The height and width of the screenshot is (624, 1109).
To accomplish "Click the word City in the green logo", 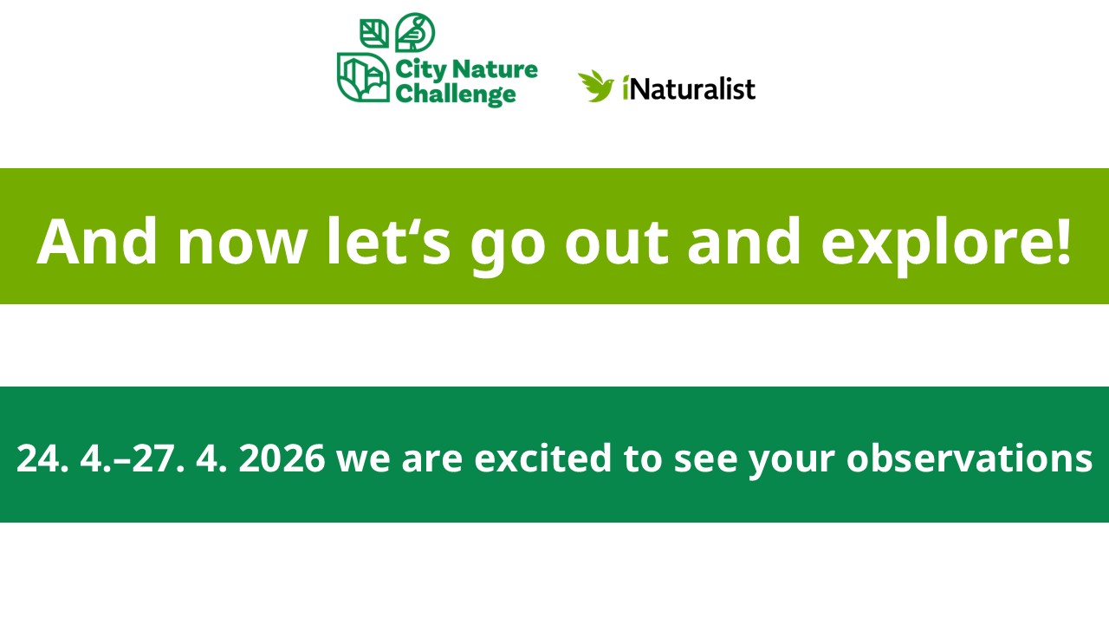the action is tap(421, 70).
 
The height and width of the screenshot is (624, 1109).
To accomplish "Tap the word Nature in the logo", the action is tap(495, 69).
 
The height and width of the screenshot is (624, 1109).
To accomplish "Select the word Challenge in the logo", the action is tap(456, 94).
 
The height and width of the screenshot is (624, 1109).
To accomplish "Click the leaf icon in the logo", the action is tap(373, 34).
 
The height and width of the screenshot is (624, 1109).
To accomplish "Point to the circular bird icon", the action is tap(415, 32).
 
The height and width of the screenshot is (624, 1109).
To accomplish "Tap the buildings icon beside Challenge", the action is tap(363, 77).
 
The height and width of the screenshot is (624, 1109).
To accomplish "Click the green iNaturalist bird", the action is tap(595, 86).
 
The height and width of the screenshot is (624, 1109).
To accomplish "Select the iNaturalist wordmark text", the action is tap(689, 89).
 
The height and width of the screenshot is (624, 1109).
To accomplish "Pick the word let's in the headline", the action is tap(389, 242).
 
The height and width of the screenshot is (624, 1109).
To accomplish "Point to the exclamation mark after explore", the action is tap(1062, 241).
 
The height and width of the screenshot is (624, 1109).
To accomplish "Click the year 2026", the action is tap(282, 458).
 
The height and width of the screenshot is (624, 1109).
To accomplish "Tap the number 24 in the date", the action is tap(37, 458).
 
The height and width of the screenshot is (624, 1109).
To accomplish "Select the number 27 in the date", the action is tap(154, 458).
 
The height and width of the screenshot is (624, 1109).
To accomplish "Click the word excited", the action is tap(542, 458).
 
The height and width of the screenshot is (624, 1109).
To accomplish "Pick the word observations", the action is tap(969, 458).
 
